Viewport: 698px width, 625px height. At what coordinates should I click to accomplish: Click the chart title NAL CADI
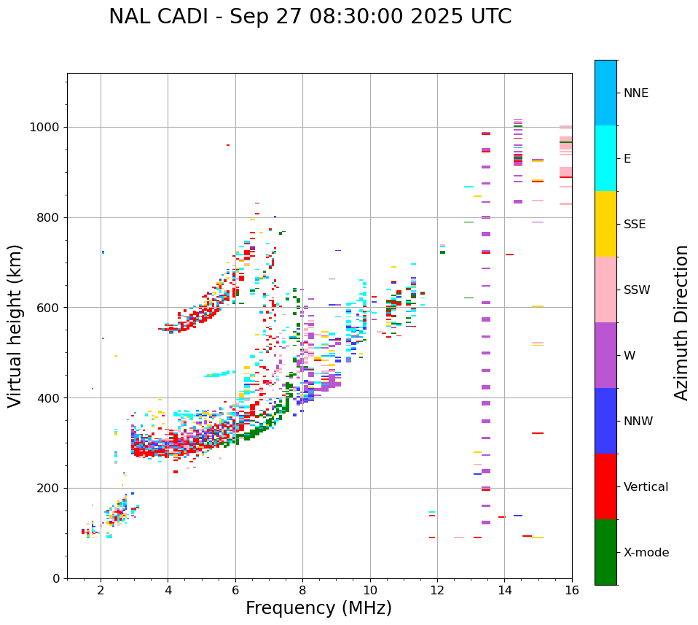pyautogui.click(x=310, y=17)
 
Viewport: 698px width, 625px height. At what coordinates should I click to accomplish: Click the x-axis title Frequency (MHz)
pyautogui.click(x=318, y=608)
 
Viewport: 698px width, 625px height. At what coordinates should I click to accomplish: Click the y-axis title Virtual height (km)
pyautogui.click(x=15, y=326)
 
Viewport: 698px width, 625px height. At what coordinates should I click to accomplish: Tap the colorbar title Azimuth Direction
pyautogui.click(x=681, y=322)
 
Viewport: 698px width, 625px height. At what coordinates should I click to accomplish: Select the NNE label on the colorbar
pyautogui.click(x=635, y=93)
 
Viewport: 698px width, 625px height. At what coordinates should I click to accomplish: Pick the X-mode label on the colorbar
pyautogui.click(x=646, y=553)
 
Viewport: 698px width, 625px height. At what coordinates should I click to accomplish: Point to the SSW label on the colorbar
pyautogui.click(x=637, y=290)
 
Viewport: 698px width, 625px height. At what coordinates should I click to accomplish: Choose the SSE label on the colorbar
pyautogui.click(x=635, y=225)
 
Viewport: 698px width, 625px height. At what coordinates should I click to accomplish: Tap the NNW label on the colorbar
pyautogui.click(x=638, y=422)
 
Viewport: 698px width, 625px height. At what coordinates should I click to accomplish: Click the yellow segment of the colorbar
pyautogui.click(x=605, y=224)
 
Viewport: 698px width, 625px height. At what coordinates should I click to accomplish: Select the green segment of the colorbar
pyautogui.click(x=605, y=552)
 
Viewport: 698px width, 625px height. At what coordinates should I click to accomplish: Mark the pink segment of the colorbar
pyautogui.click(x=605, y=290)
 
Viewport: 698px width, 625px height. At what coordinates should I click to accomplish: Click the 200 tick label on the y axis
pyautogui.click(x=48, y=488)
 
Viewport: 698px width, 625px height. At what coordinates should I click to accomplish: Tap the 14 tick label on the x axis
pyautogui.click(x=504, y=590)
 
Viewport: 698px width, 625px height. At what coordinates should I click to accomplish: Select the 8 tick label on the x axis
pyautogui.click(x=302, y=590)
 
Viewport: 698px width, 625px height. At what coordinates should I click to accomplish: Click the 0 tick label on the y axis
pyautogui.click(x=55, y=578)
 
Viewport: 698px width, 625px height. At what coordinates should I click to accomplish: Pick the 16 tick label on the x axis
pyautogui.click(x=572, y=590)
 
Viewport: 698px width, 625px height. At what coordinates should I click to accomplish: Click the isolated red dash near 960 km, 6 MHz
pyautogui.click(x=228, y=145)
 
